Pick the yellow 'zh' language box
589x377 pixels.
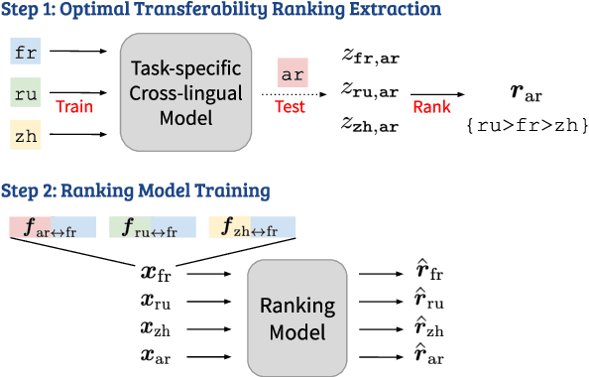tap(26, 135)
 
